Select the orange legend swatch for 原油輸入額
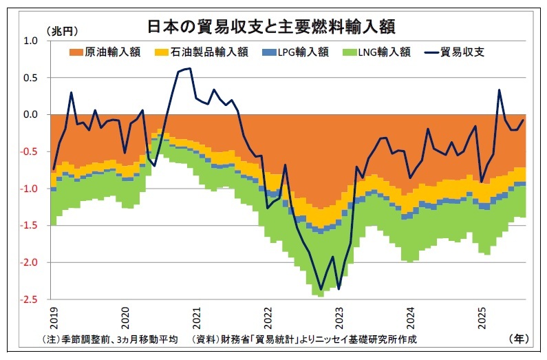click(x=76, y=52)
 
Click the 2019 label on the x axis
click(x=55, y=318)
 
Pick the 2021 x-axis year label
click(x=197, y=318)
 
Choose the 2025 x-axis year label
click(x=481, y=318)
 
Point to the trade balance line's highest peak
click(x=190, y=68)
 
